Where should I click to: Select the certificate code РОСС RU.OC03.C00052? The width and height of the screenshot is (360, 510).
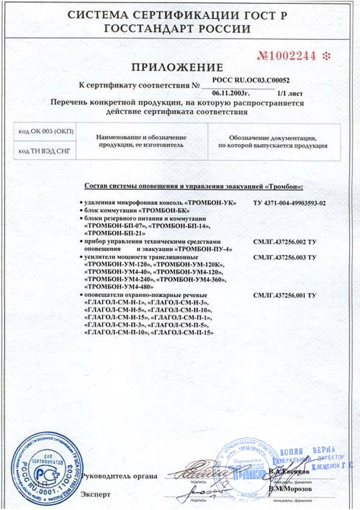pos(251,80)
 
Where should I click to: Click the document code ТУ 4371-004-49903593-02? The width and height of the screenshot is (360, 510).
pos(290,203)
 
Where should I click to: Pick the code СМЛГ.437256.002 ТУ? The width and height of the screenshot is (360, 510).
pos(284,242)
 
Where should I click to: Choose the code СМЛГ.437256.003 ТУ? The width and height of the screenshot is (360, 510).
pos(284,257)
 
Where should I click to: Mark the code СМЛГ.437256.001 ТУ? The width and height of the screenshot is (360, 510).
pos(284,295)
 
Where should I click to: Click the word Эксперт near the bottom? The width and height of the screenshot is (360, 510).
pos(96,495)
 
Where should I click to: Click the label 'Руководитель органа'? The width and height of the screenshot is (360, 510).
pos(119,476)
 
